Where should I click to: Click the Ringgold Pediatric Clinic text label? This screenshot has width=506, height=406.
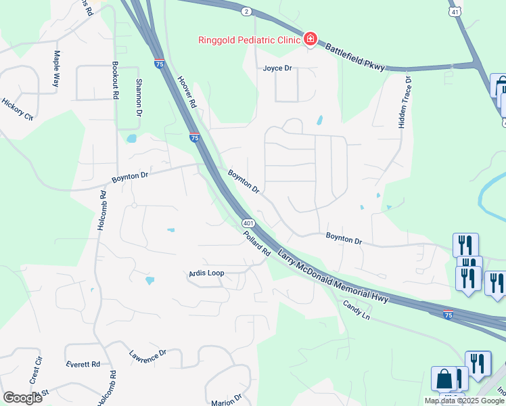(x=248, y=39)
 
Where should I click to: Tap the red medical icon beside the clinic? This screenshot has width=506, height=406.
(x=310, y=39)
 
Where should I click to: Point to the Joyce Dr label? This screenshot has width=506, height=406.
(x=277, y=68)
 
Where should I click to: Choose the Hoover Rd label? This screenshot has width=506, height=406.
(x=186, y=91)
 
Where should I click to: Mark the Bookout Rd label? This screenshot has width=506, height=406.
(x=115, y=81)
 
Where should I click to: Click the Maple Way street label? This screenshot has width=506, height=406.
(x=57, y=67)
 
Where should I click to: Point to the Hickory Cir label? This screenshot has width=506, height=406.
(x=17, y=109)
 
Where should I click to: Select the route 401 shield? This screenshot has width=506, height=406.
(x=248, y=223)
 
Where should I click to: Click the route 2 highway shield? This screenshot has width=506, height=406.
(x=246, y=12)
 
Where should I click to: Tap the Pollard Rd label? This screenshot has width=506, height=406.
(x=257, y=243)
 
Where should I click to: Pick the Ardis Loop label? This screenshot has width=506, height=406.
(x=206, y=273)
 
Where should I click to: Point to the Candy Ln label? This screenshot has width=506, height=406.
(x=358, y=312)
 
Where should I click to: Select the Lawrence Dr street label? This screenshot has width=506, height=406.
(x=147, y=357)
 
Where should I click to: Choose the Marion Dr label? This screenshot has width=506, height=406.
(x=226, y=400)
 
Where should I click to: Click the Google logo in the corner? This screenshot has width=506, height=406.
(x=22, y=398)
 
